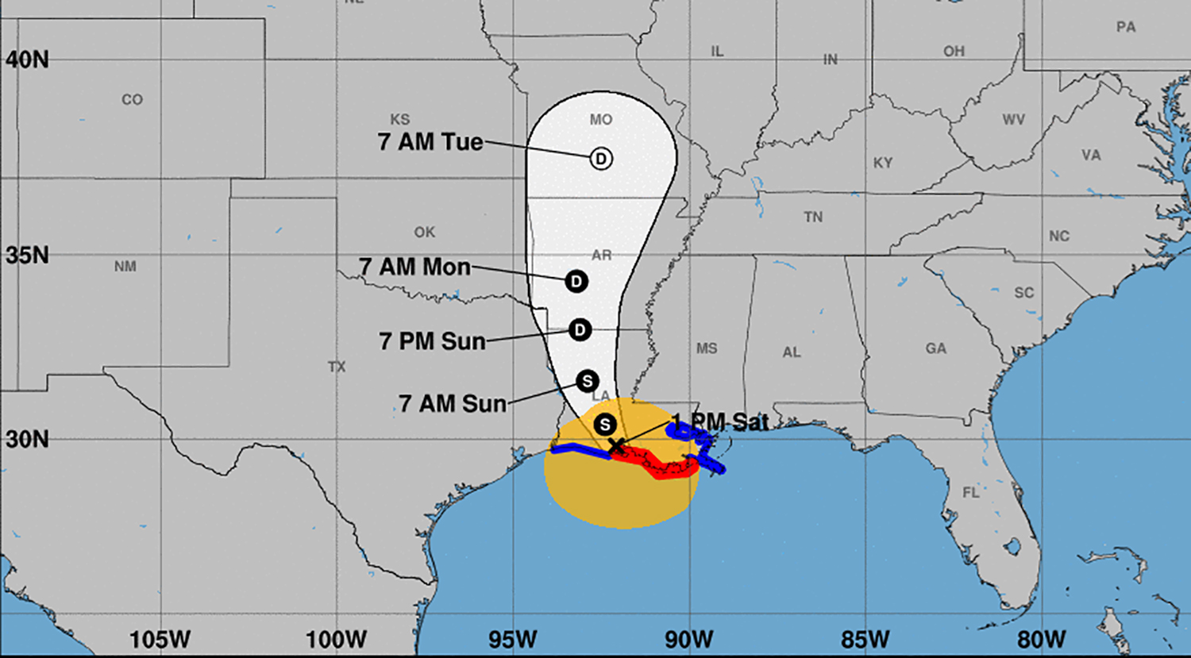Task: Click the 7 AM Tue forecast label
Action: pyautogui.click(x=430, y=142)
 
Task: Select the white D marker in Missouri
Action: pyautogui.click(x=601, y=159)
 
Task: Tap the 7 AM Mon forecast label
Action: pyautogui.click(x=414, y=267)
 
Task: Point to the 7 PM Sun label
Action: pyautogui.click(x=432, y=341)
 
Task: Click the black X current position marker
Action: pyautogui.click(x=616, y=447)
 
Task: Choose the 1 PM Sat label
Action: pyautogui.click(x=721, y=422)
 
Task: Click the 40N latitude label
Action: pyautogui.click(x=27, y=60)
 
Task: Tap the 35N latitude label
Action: pyautogui.click(x=27, y=256)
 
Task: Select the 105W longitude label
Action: pyautogui.click(x=160, y=639)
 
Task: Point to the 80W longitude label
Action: pyautogui.click(x=1042, y=639)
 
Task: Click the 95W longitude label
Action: pyautogui.click(x=513, y=639)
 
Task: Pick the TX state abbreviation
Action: pyautogui.click(x=337, y=367)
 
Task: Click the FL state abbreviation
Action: pyautogui.click(x=971, y=493)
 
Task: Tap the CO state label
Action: pyautogui.click(x=132, y=100)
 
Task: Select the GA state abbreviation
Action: pyautogui.click(x=935, y=348)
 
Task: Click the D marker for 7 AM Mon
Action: pyautogui.click(x=576, y=281)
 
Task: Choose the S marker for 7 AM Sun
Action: pyautogui.click(x=588, y=381)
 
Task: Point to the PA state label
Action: pyautogui.click(x=1126, y=27)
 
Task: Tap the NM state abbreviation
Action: pyautogui.click(x=125, y=267)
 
